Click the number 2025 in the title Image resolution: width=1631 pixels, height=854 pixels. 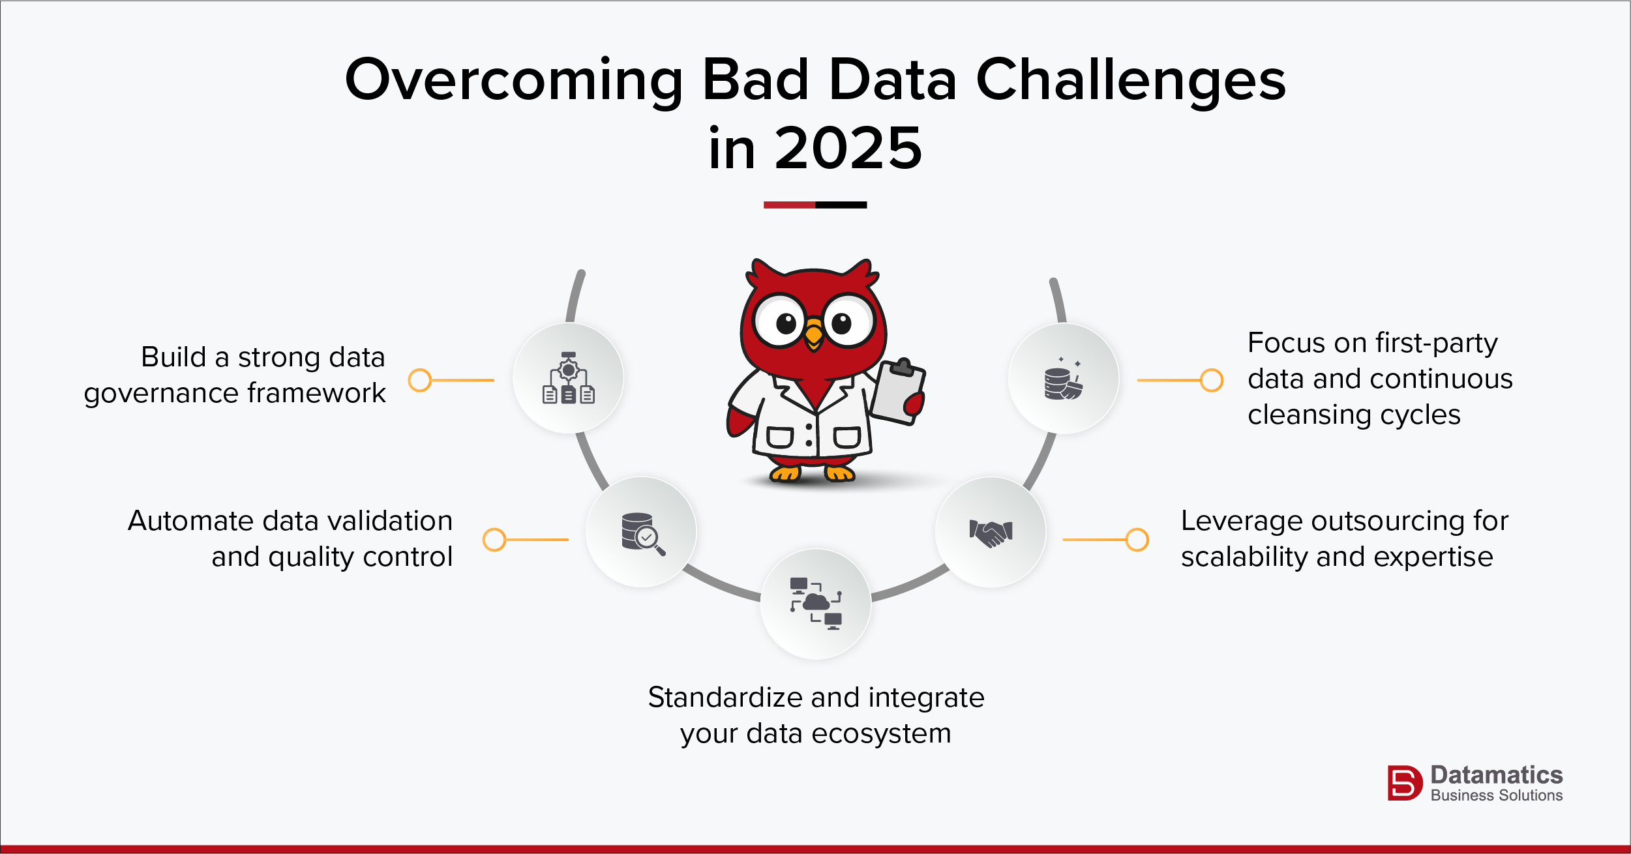(x=848, y=149)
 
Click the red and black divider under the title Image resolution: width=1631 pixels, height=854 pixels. (x=815, y=205)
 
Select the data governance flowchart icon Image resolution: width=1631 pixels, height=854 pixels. (x=568, y=378)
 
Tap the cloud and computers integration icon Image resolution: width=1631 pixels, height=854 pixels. (x=816, y=604)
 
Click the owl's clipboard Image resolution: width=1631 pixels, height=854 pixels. (x=899, y=391)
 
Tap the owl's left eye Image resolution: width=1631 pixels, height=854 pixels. (x=781, y=321)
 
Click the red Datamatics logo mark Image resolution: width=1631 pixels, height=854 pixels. (x=1404, y=782)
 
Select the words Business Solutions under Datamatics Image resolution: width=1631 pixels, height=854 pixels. (x=1496, y=795)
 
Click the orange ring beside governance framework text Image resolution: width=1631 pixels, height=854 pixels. (x=420, y=380)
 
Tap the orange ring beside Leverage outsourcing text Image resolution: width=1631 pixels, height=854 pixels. (x=1137, y=540)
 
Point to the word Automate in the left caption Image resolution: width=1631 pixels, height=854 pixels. (x=190, y=521)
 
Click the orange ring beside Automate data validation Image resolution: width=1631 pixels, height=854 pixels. (x=494, y=540)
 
